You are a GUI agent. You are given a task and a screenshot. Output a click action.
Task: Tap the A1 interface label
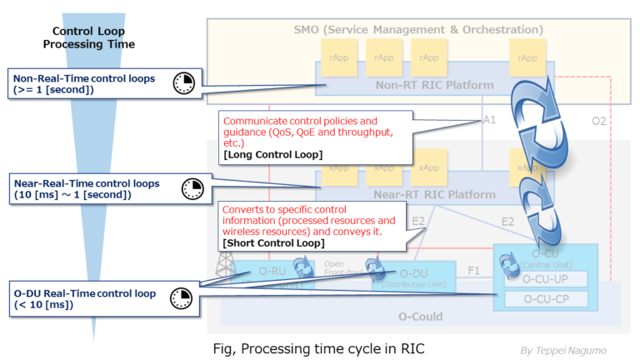coord(490,120)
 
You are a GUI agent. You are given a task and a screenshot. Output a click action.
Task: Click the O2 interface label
coord(598,122)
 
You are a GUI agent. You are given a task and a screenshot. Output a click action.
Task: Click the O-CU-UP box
coord(545,278)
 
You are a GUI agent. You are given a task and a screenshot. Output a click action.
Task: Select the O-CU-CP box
coord(545,298)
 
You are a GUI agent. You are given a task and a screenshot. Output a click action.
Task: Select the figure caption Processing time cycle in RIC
coord(333,348)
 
